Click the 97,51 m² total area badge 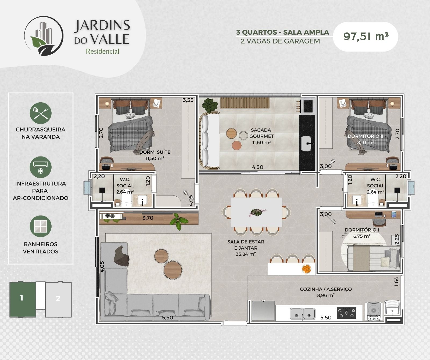click(x=365, y=37)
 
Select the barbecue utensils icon click(x=41, y=113)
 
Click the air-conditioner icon click(x=41, y=167)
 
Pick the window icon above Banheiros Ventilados click(x=41, y=226)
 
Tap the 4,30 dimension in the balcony click(x=258, y=167)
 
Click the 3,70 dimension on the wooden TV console click(x=148, y=218)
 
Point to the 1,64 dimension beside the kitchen click(x=397, y=282)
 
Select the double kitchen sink click(x=303, y=313)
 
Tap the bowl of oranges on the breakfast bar click(x=306, y=269)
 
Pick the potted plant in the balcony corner click(x=210, y=105)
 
